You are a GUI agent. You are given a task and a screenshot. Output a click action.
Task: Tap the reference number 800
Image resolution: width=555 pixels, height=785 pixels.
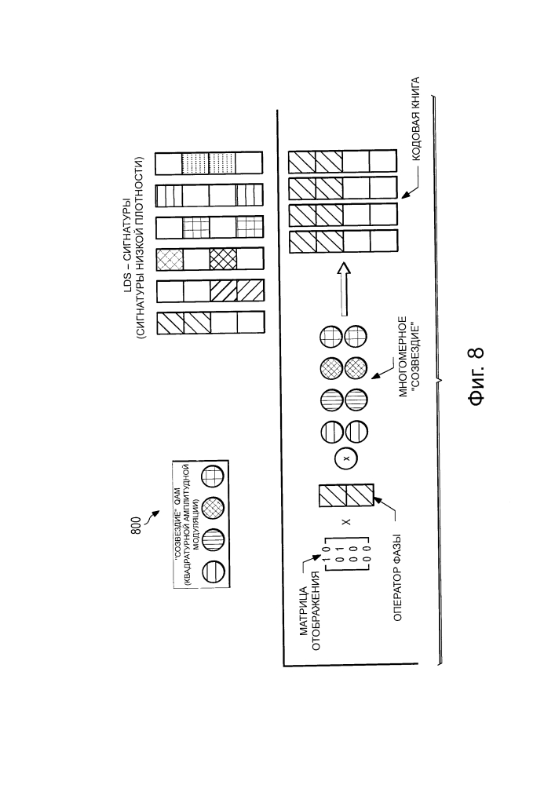pyautogui.click(x=137, y=527)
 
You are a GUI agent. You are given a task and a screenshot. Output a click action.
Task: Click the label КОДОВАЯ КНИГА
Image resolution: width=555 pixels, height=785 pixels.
pyautogui.click(x=414, y=119)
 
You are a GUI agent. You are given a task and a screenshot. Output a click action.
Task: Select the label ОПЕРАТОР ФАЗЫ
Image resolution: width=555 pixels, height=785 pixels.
pyautogui.click(x=398, y=579)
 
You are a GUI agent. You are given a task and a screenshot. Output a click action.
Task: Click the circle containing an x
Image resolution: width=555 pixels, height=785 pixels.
pyautogui.click(x=346, y=458)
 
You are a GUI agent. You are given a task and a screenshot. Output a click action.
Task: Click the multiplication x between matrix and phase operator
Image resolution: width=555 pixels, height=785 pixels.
pyautogui.click(x=345, y=522)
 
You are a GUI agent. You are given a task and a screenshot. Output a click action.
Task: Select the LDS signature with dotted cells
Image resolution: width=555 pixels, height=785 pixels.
pyautogui.click(x=209, y=163)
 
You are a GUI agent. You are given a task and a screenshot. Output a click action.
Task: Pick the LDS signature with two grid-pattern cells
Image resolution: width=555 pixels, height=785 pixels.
pyautogui.click(x=210, y=228)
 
